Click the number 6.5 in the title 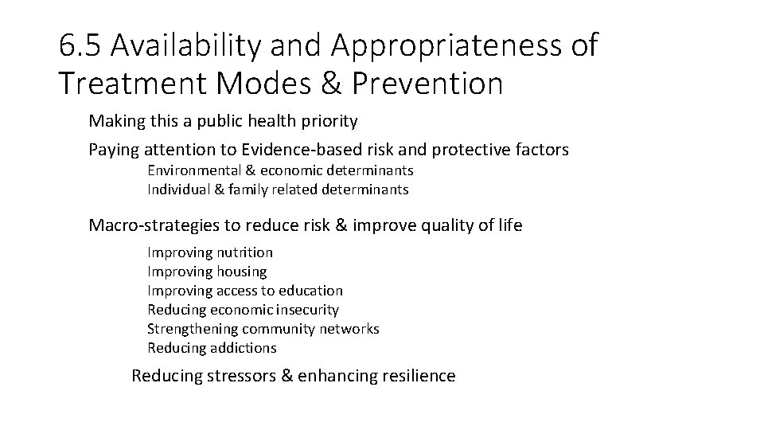pyautogui.click(x=80, y=46)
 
